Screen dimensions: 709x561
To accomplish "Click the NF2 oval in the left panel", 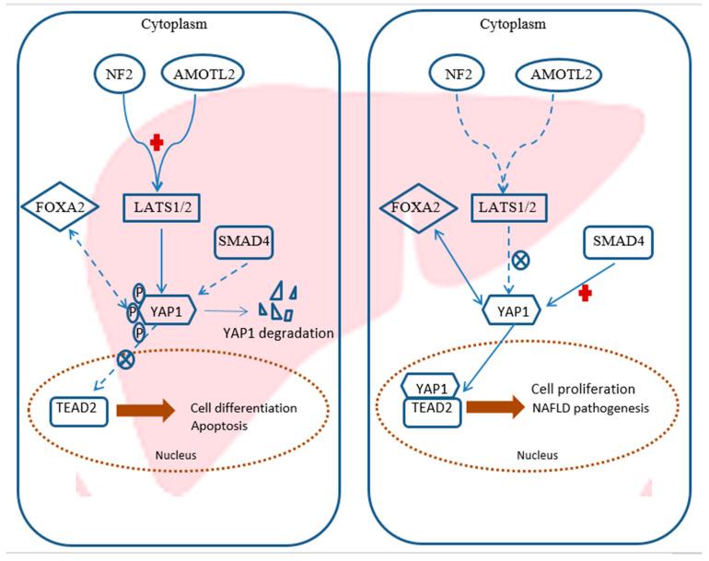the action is point(120,74).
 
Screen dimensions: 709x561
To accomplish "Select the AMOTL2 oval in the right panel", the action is point(559,75).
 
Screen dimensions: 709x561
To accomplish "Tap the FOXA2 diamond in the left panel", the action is point(60,206).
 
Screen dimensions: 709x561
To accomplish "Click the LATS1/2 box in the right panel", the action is point(507,207).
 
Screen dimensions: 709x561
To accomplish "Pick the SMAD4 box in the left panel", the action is point(243,242).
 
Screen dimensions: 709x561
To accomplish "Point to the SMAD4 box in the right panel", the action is point(618,242).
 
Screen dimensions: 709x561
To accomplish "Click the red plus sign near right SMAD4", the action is point(586,294).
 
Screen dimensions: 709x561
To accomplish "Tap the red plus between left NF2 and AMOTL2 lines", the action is point(157,143).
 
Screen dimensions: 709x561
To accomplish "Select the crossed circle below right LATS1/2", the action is point(520,261).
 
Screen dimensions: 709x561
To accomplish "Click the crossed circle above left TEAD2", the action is point(126,359).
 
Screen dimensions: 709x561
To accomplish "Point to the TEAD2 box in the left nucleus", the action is point(78,411).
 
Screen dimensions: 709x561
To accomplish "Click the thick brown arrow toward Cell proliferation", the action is point(495,407).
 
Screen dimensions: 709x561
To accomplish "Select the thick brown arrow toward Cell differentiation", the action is point(145,410).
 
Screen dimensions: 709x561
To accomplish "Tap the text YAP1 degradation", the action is point(278,333).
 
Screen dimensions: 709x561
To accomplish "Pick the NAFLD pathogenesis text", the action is point(590,408).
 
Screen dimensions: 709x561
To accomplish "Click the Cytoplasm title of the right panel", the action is point(513,24).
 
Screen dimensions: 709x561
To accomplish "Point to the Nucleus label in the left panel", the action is point(176,455).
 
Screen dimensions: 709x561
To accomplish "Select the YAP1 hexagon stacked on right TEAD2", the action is point(431,388).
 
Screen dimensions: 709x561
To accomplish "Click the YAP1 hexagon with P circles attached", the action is point(167,311).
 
